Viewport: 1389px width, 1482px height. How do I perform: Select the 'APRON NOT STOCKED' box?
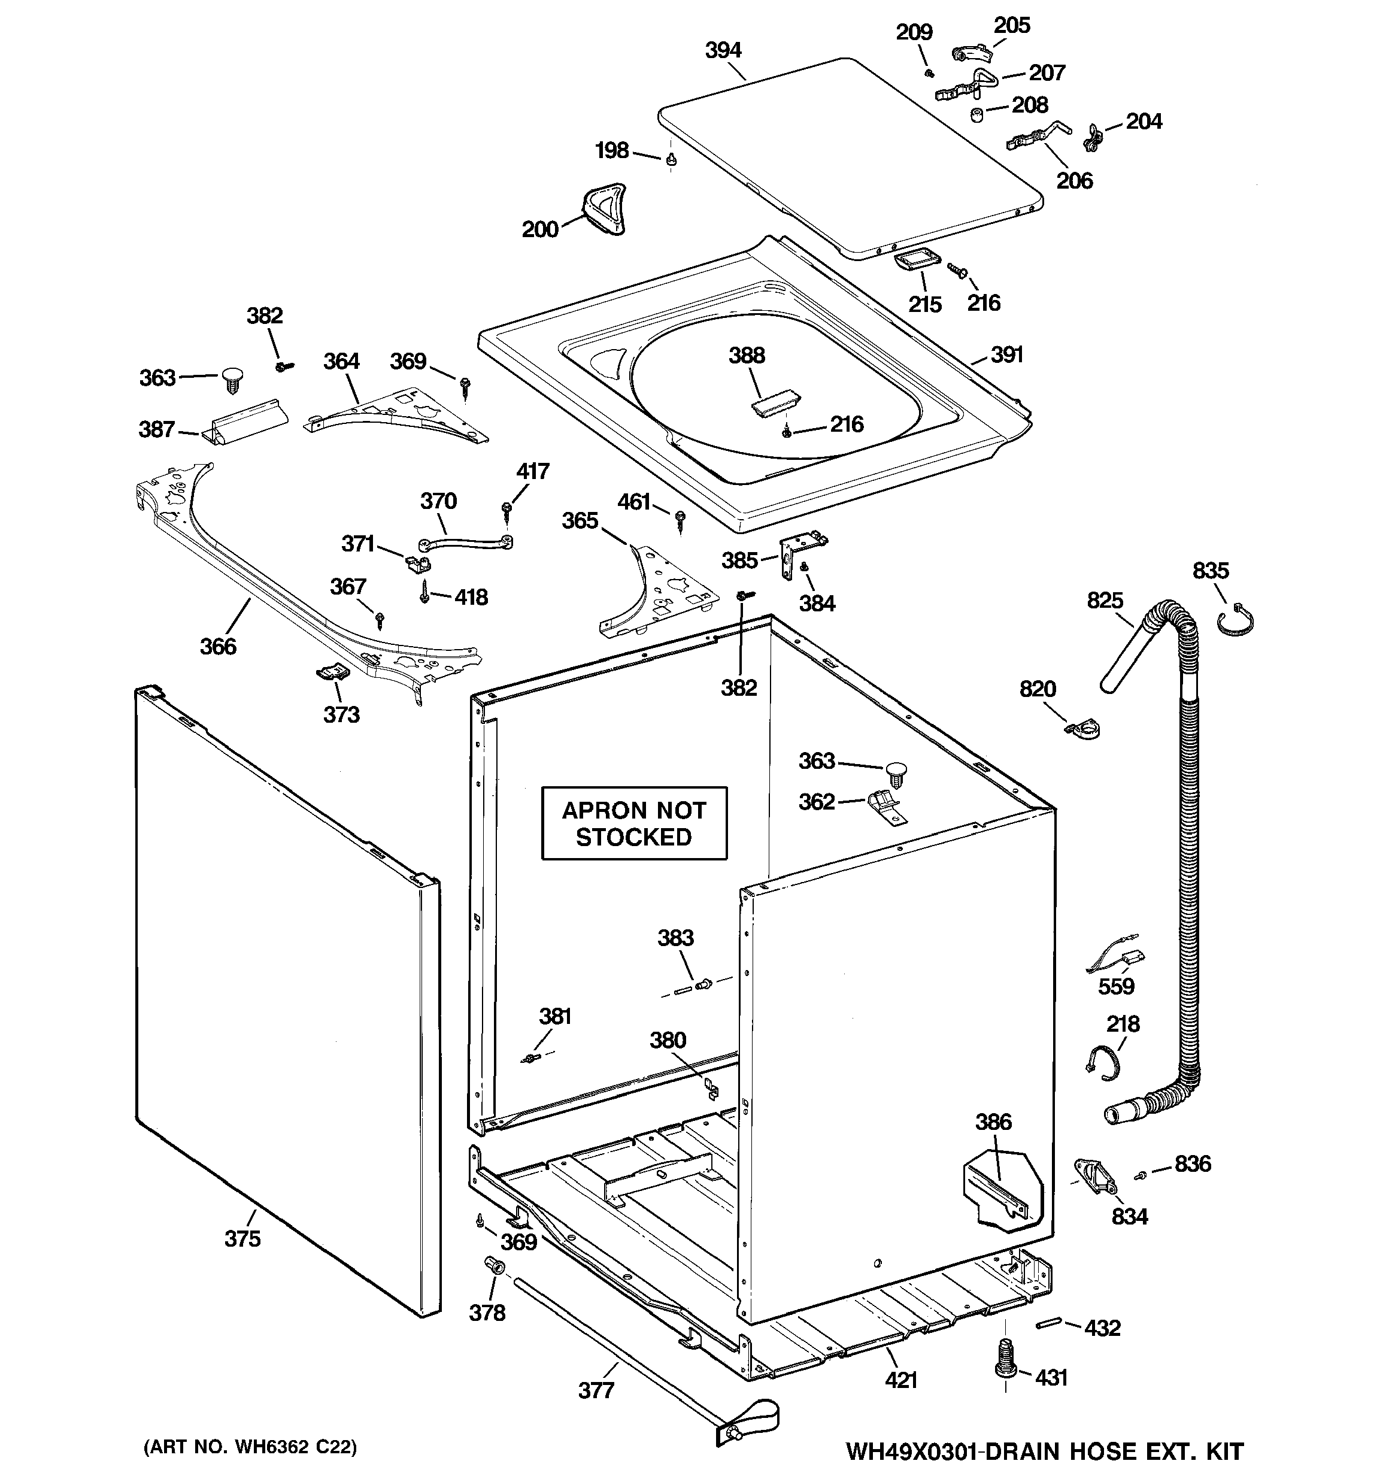coord(634,823)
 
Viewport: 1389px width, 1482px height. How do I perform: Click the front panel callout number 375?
coord(242,1238)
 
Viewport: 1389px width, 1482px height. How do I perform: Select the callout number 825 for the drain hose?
coord(1105,600)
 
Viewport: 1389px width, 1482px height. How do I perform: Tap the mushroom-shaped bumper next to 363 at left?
coord(232,380)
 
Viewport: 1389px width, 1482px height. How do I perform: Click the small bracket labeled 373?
coord(332,672)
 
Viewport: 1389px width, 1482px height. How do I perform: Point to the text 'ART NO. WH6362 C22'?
coord(250,1447)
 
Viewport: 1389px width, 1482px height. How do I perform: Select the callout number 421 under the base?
coord(900,1380)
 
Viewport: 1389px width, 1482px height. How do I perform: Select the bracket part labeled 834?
coord(1094,1177)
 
